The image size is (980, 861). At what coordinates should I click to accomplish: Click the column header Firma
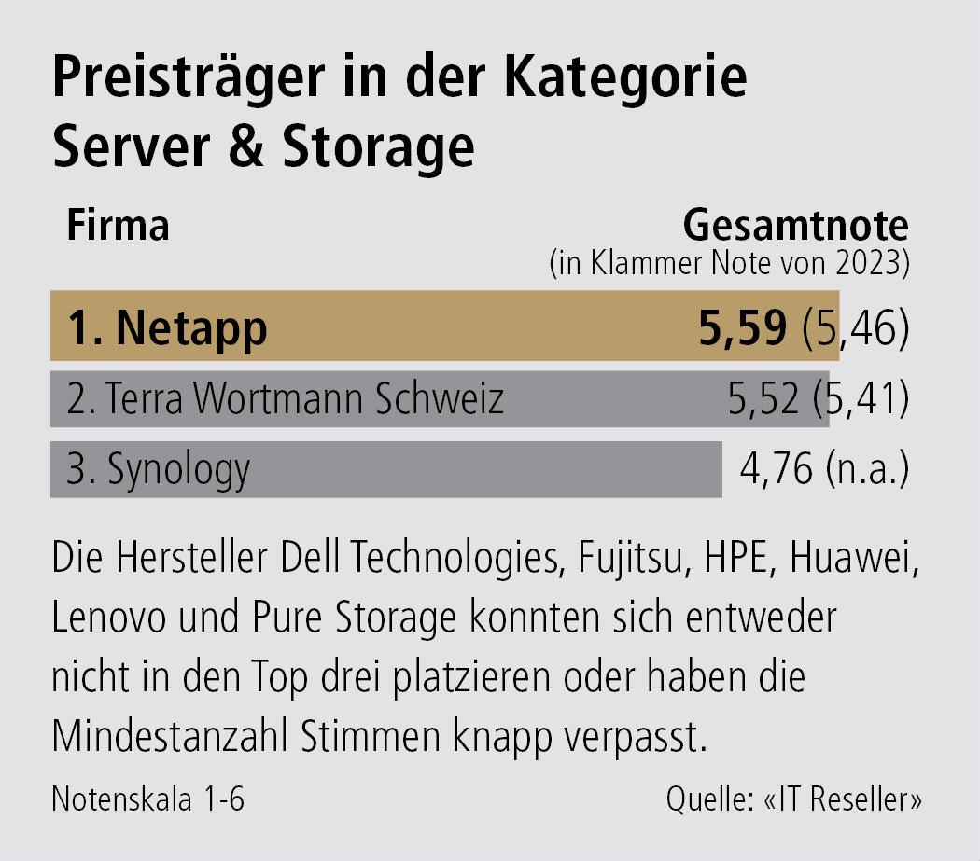pyautogui.click(x=118, y=227)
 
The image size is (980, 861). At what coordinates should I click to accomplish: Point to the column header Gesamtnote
pyautogui.click(x=796, y=227)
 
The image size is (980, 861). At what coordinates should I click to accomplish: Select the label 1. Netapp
pyautogui.click(x=167, y=327)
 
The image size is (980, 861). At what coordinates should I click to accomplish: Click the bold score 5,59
pyautogui.click(x=743, y=327)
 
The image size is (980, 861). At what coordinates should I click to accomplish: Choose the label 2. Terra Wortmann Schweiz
pyautogui.click(x=286, y=399)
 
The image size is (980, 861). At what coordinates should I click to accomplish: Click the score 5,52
pyautogui.click(x=763, y=399)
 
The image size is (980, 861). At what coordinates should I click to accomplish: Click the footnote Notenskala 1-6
pyautogui.click(x=148, y=800)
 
